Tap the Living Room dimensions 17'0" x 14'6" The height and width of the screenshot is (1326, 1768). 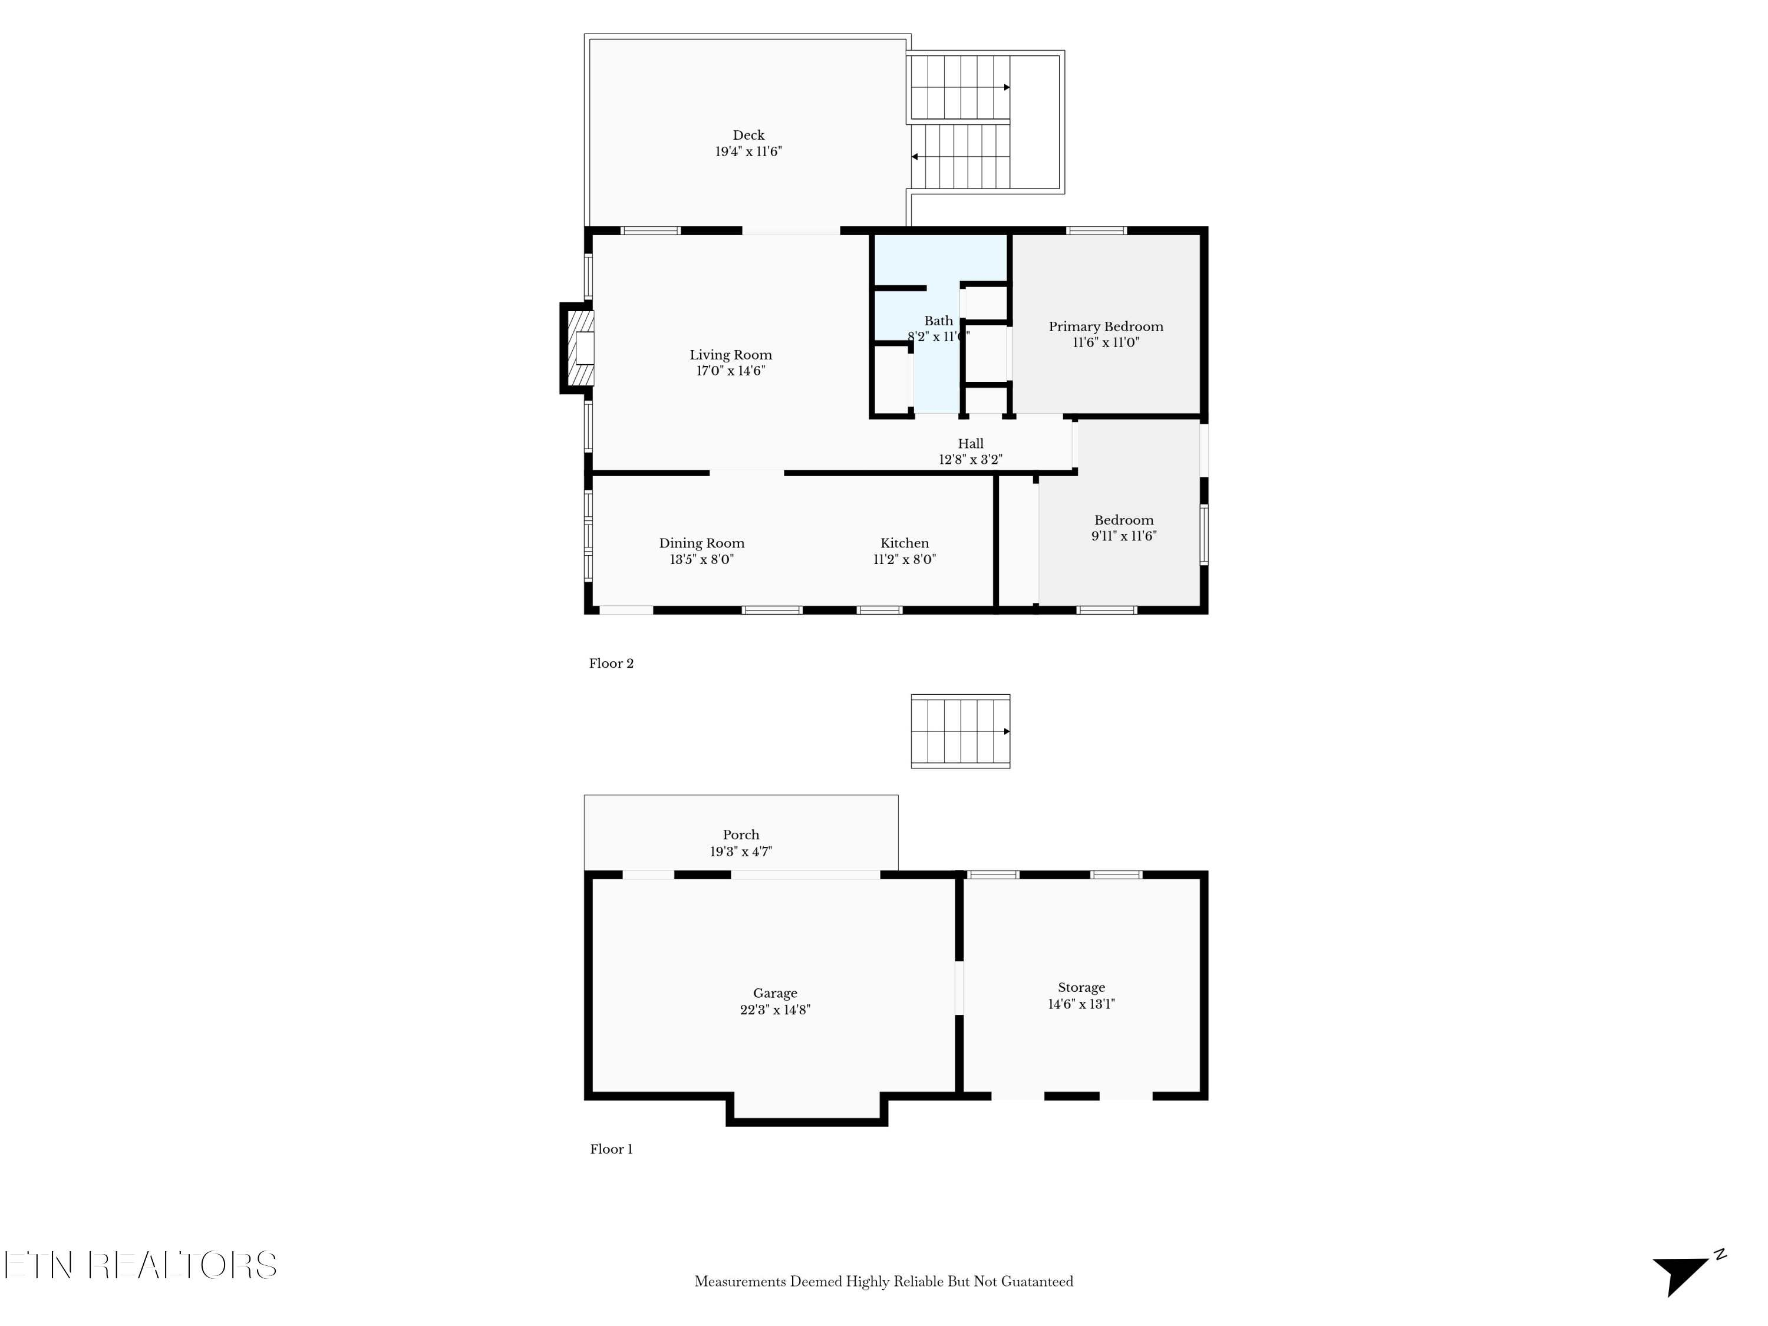click(731, 371)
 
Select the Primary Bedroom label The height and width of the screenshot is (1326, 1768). click(1106, 326)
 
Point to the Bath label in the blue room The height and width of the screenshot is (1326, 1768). click(938, 321)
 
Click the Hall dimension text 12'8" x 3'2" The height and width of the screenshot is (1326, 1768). click(970, 460)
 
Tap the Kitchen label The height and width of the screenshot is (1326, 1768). click(904, 543)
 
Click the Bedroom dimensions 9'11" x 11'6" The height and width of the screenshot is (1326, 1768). click(1124, 536)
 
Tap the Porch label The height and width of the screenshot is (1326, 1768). click(741, 834)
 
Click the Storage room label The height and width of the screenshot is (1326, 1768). click(1081, 987)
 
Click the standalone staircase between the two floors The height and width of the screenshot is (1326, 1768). click(960, 731)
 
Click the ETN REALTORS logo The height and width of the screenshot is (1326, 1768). click(141, 1265)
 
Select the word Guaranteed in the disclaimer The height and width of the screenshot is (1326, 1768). click(1037, 1281)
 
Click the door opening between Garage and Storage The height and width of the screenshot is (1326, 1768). click(959, 988)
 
